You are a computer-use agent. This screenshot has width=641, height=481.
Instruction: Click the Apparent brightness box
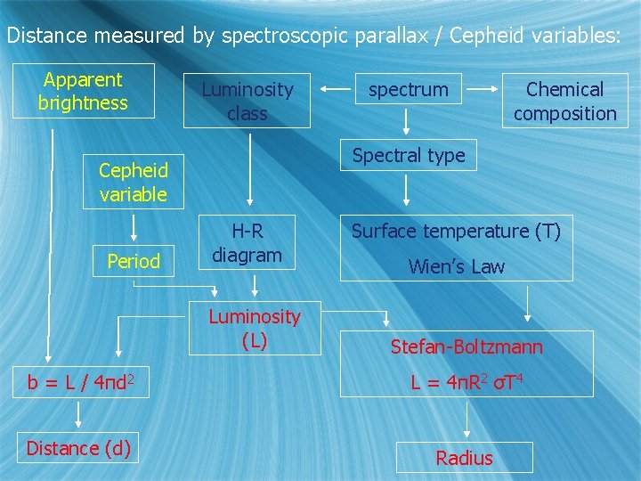click(x=83, y=91)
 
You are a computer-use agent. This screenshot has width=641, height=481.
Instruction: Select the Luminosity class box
click(x=247, y=101)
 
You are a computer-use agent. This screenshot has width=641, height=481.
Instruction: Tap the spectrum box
click(x=408, y=89)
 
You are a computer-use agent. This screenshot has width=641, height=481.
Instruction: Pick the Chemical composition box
click(x=564, y=101)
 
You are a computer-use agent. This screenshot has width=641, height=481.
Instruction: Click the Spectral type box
click(x=409, y=155)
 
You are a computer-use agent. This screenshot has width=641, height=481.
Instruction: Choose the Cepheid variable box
click(x=134, y=182)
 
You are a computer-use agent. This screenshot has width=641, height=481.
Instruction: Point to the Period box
click(x=134, y=261)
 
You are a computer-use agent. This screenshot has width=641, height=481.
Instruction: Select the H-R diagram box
click(x=247, y=243)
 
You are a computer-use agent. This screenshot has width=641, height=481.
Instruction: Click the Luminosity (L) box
click(x=254, y=328)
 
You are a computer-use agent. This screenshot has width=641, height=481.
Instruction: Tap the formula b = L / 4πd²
click(x=81, y=382)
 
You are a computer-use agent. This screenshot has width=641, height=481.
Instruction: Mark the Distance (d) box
click(x=78, y=448)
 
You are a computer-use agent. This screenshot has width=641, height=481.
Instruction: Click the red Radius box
click(x=464, y=458)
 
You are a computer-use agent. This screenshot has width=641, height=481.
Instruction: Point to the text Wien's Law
click(x=456, y=266)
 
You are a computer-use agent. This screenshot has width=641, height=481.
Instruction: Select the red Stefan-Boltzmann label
click(x=467, y=346)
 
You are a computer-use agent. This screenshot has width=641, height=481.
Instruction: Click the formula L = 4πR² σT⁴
click(x=467, y=382)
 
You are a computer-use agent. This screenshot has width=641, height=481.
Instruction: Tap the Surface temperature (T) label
click(x=456, y=232)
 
